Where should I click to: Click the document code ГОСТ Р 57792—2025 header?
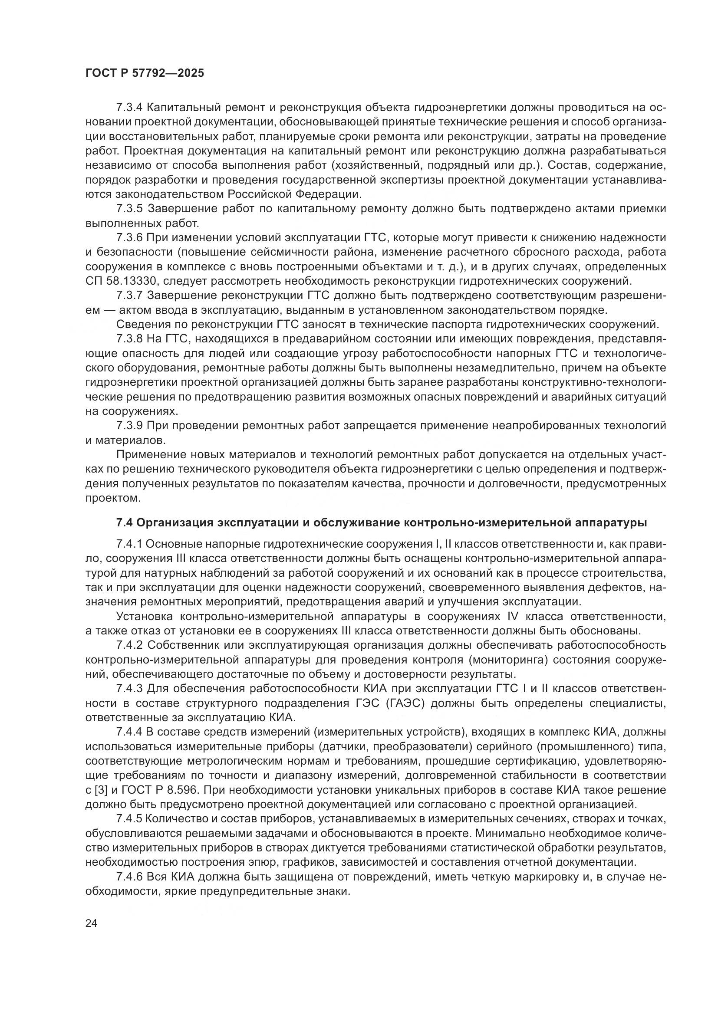point(145,73)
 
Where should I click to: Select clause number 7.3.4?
point(128,108)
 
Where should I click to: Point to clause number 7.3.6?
point(128,237)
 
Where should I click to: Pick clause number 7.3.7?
point(128,295)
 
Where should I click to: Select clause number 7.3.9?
point(128,425)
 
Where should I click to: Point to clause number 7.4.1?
point(128,543)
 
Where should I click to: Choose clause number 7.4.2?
point(128,645)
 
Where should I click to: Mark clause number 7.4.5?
point(128,819)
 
